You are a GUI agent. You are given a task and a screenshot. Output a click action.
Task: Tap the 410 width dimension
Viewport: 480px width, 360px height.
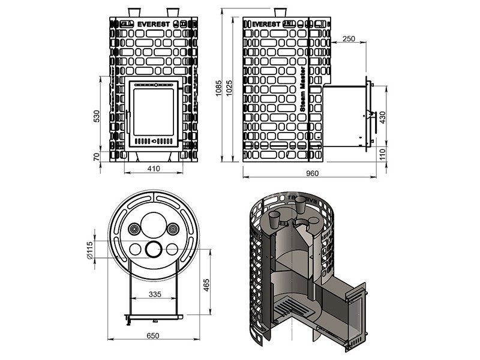[154, 169]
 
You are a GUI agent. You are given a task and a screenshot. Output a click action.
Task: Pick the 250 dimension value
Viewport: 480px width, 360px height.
[348, 38]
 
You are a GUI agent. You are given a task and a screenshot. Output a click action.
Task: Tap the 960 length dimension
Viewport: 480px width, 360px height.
[310, 173]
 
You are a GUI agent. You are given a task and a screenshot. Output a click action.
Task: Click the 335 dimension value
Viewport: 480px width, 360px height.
[154, 294]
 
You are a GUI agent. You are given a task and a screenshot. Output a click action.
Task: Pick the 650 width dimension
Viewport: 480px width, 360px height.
[154, 337]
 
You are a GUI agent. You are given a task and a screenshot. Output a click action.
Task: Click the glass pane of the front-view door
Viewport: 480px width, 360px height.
[154, 112]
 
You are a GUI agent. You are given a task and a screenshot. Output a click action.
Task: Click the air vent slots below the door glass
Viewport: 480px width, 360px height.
[154, 142]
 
